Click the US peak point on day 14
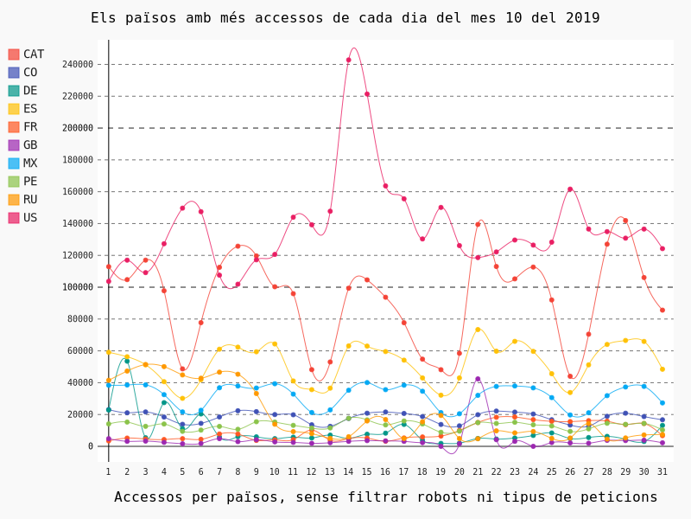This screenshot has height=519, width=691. pos(348,60)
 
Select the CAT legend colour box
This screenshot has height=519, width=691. pos(14,54)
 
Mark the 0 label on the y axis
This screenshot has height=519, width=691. pos(90,446)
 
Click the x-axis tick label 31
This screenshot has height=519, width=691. pos(662,471)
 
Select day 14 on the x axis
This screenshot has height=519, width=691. pos(348,471)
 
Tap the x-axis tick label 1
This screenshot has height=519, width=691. pos(108,471)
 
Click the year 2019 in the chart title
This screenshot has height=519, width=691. pos(582,18)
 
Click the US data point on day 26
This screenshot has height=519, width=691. pos(570,189)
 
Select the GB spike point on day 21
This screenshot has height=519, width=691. pos(478,379)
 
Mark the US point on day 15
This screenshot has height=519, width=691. pos(366,94)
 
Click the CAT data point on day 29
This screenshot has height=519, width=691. pos(625,221)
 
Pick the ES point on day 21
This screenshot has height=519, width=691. pos(478,329)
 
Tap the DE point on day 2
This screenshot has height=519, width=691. pos(127,361)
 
